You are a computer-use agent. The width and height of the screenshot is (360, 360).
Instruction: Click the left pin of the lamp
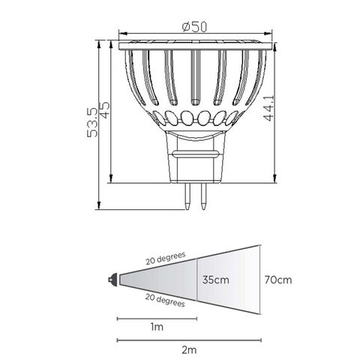[184, 196]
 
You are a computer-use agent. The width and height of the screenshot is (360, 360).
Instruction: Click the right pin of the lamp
[202, 196]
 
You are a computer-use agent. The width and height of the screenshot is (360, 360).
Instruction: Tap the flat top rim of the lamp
[194, 45]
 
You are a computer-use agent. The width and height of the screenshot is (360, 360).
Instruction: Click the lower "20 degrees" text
[165, 301]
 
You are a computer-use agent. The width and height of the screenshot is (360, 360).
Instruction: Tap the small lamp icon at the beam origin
[112, 279]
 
